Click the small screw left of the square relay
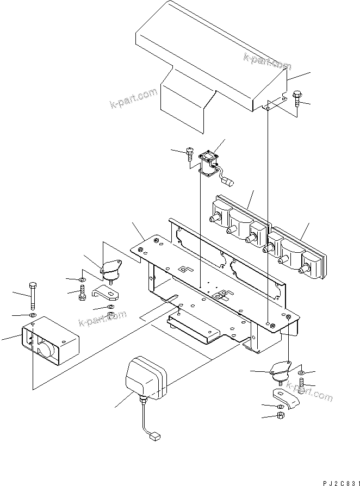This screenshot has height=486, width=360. pyautogui.click(x=189, y=154)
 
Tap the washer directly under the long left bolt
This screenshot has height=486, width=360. pyautogui.click(x=32, y=315)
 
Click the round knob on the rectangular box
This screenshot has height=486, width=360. pyautogui.click(x=46, y=351)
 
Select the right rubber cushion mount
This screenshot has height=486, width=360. pyautogui.click(x=282, y=372)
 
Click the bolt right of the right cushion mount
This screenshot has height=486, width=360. pyautogui.click(x=301, y=388)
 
